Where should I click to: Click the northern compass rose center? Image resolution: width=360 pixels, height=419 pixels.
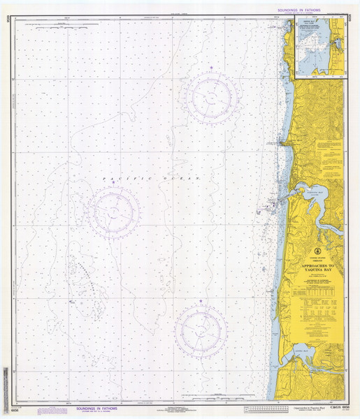(x=210, y=96)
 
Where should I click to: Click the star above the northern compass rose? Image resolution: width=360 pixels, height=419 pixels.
(x=210, y=68)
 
